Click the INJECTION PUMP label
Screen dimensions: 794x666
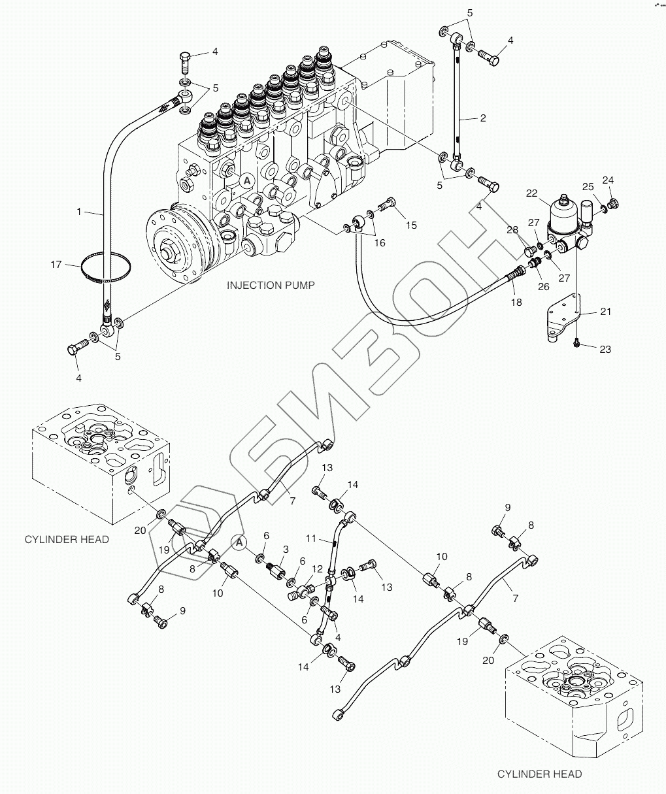(271, 285)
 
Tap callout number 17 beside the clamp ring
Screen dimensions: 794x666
(56, 265)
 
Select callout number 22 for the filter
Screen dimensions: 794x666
(531, 193)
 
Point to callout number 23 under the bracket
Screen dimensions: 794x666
(605, 350)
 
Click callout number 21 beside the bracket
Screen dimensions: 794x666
(606, 312)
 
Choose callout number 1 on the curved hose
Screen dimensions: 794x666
(79, 212)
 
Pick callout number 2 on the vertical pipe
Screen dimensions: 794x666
(482, 118)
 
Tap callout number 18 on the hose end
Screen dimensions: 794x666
(516, 303)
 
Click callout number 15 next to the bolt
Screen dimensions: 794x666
(410, 225)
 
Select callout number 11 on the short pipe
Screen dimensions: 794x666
(312, 538)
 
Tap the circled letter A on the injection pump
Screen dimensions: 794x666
(247, 180)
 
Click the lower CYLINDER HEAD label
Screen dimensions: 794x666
(539, 774)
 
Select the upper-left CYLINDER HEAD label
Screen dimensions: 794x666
(67, 539)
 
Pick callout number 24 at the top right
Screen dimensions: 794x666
(608, 180)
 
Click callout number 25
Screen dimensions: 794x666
(588, 187)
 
